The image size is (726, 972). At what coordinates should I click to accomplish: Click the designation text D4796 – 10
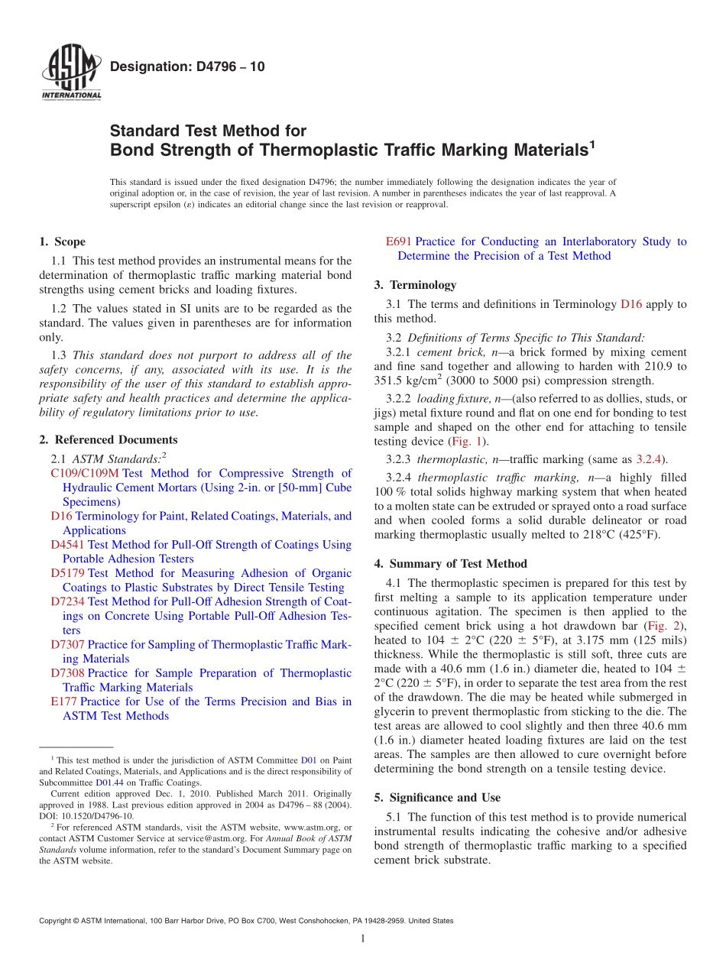tap(188, 66)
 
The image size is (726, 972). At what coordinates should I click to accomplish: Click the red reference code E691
tap(399, 241)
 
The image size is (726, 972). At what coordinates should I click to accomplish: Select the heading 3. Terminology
tap(415, 285)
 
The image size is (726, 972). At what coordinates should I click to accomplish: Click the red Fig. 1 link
tap(467, 442)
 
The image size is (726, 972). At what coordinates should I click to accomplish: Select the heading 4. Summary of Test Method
tap(450, 564)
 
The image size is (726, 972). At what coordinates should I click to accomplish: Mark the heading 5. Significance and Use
tap(437, 798)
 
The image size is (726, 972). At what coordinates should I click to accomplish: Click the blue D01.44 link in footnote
tap(108, 782)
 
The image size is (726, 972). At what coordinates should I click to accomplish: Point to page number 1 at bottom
tap(363, 939)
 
